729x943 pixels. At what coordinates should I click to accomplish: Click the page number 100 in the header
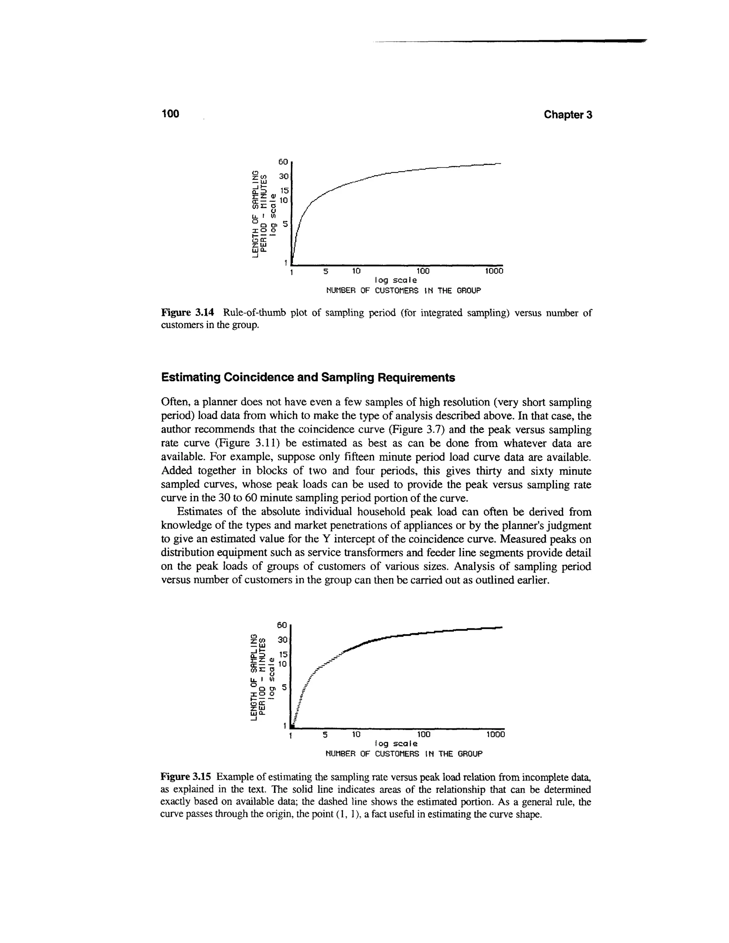pyautogui.click(x=170, y=114)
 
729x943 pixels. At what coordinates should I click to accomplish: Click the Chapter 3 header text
pyautogui.click(x=567, y=115)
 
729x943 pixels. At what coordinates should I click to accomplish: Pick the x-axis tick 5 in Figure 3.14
pyautogui.click(x=326, y=271)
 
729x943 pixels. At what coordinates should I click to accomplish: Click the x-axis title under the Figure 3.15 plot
pyautogui.click(x=403, y=754)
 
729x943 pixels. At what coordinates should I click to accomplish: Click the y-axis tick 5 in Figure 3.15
pyautogui.click(x=284, y=686)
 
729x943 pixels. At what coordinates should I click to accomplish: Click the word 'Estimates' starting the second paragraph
pyautogui.click(x=198, y=512)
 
